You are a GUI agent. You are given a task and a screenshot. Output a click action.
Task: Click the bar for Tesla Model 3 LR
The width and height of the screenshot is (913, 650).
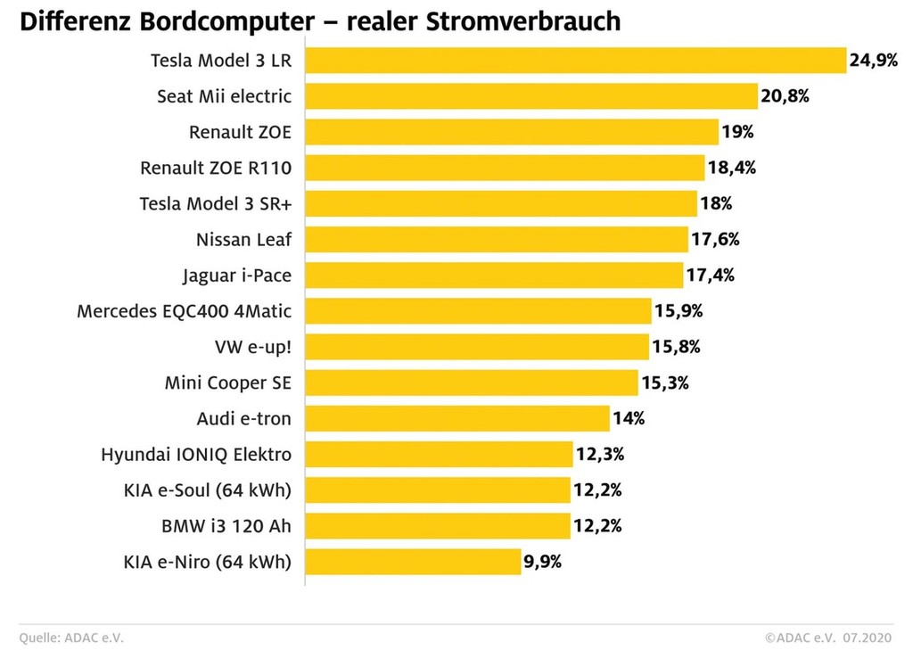[575, 61]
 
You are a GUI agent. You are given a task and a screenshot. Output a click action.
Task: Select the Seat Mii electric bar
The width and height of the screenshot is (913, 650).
[531, 96]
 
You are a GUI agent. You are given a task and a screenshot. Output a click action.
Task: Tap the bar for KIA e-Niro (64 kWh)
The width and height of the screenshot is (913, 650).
[414, 562]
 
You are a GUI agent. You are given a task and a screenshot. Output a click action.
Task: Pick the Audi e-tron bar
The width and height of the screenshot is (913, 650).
[457, 418]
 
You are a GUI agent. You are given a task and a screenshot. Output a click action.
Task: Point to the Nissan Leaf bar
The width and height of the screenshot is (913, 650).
[497, 239]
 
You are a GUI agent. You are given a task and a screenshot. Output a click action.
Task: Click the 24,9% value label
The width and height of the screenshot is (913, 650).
[873, 61]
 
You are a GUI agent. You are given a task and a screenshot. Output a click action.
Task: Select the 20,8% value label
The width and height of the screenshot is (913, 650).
[785, 96]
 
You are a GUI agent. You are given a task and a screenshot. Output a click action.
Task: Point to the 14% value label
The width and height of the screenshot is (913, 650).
[629, 418]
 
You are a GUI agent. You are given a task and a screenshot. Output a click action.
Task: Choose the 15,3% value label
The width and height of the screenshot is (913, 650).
[665, 383]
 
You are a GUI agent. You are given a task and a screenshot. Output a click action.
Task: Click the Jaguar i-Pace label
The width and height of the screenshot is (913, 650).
[237, 276]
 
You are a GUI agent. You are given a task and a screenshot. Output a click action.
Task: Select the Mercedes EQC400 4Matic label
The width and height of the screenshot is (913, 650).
[185, 311]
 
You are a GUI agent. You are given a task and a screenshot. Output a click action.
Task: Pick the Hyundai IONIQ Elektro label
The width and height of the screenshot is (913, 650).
[196, 455]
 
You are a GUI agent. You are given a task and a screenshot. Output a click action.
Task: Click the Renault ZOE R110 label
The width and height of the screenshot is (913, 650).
[216, 168]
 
